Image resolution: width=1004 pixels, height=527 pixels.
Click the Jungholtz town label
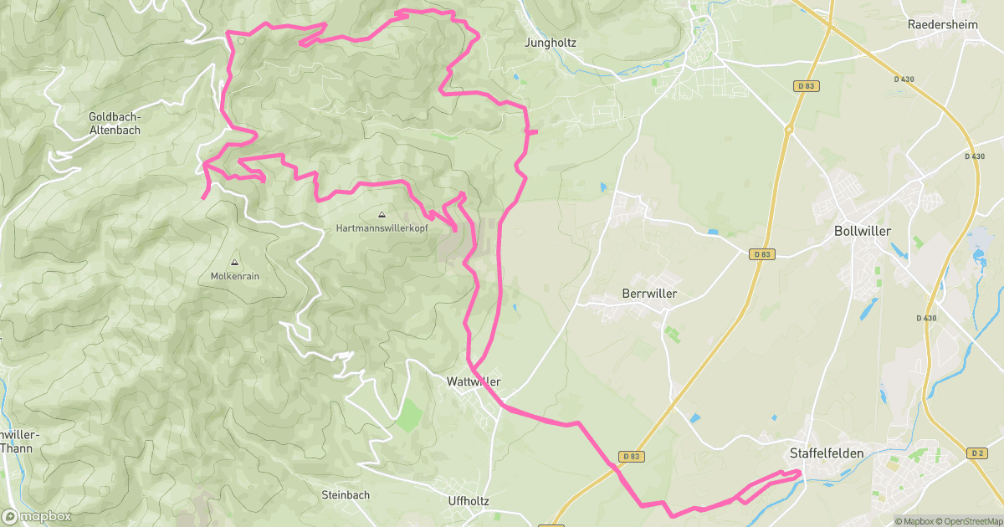(x=550, y=42)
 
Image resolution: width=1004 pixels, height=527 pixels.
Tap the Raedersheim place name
(x=943, y=24)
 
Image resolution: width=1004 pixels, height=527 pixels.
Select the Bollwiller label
(x=863, y=231)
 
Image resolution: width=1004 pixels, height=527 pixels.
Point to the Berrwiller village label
(x=649, y=294)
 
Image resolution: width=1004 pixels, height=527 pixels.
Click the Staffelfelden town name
(x=825, y=453)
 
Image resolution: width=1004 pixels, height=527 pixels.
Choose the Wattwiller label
(x=474, y=381)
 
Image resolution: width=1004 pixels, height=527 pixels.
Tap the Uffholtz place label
(x=468, y=500)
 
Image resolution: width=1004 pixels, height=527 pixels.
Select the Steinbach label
(x=346, y=494)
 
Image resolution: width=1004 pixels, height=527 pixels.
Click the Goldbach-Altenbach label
(x=115, y=124)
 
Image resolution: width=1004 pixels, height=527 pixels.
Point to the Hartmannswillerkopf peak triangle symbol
(x=382, y=215)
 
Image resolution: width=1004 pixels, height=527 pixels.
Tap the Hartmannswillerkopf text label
(x=382, y=228)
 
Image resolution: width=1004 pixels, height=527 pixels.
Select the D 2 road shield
(x=976, y=453)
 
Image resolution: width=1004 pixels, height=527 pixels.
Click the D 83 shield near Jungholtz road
(x=806, y=86)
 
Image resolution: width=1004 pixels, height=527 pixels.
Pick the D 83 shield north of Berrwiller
(x=761, y=253)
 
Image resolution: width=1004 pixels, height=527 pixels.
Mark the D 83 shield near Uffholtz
(x=632, y=456)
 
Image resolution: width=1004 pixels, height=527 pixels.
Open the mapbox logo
(x=38, y=516)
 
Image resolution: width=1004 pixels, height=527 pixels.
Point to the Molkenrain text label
(x=233, y=276)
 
